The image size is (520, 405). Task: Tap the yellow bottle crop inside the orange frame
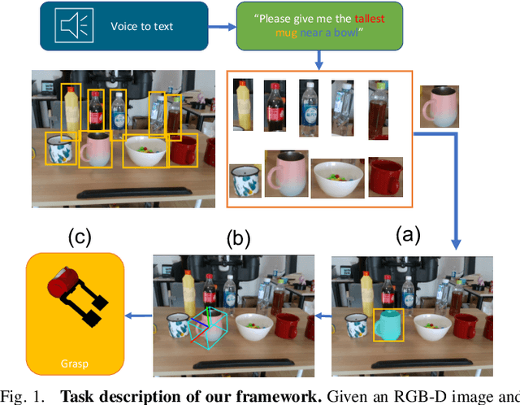tap(243, 104)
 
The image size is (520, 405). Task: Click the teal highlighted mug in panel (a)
tap(389, 324)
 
